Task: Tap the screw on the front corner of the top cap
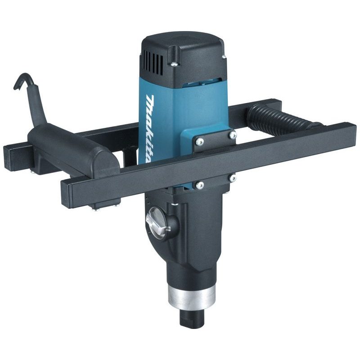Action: (174, 64)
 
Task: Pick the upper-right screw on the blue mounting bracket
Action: (232, 135)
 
